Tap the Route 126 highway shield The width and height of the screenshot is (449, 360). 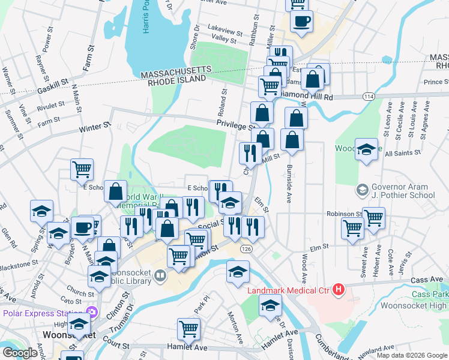247,248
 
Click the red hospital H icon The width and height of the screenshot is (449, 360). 339,290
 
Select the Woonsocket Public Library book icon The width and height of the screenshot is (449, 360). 160,276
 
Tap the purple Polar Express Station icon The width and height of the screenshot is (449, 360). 91,313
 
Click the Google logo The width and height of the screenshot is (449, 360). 20,353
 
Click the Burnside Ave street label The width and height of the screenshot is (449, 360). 289,184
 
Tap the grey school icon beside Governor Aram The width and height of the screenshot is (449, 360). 363,190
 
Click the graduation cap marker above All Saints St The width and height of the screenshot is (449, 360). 366,149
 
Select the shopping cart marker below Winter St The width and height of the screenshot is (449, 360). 82,169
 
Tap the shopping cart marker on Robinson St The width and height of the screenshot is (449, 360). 373,217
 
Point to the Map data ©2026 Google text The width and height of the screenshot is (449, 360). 411,355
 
